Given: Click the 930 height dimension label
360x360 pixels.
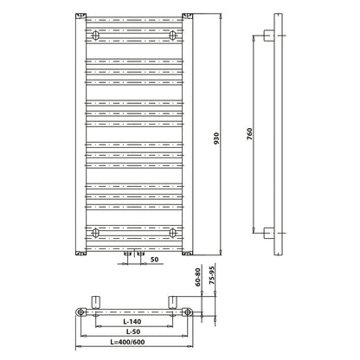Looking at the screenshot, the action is click(x=216, y=138).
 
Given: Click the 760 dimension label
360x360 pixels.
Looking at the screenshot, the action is click(x=249, y=134).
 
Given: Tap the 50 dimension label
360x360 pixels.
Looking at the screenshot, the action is click(x=154, y=260).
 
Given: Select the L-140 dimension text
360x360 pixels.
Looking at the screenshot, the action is click(x=132, y=321).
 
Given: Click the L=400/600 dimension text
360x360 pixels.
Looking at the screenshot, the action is click(x=127, y=342).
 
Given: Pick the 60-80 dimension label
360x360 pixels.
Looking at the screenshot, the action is click(x=197, y=277).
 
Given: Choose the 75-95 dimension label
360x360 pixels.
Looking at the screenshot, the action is click(x=212, y=275).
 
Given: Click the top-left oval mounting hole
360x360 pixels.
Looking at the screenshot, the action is click(x=95, y=35).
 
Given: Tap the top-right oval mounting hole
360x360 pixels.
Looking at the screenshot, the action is click(x=172, y=35).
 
